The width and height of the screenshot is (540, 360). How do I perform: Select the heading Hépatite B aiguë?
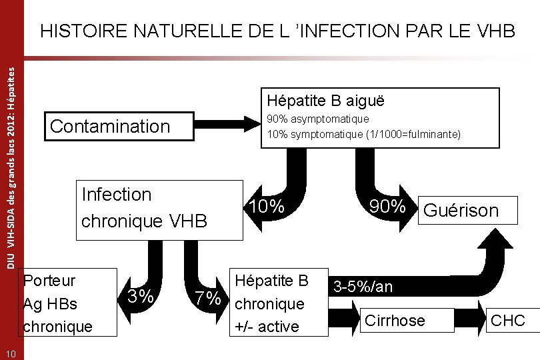point(325,101)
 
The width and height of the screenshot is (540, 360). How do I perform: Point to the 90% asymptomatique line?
point(317,119)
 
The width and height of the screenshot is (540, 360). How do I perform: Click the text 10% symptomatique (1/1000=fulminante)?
point(363,134)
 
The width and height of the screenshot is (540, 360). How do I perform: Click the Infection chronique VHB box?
point(160,209)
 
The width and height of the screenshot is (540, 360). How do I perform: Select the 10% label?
point(268,207)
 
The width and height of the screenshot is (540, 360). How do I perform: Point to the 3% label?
point(141,295)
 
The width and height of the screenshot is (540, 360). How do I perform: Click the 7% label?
point(207,299)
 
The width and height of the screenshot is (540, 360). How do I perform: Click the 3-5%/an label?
point(363,287)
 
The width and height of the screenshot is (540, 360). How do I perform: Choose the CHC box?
point(507,321)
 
